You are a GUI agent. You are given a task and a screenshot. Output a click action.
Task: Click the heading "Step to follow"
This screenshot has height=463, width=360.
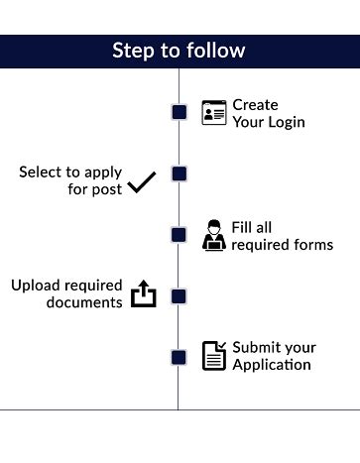pos(179,51)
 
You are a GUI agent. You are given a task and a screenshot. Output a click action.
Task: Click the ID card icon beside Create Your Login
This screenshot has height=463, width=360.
pos(213,112)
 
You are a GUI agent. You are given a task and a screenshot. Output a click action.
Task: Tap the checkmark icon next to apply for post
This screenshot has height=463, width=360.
pos(142,182)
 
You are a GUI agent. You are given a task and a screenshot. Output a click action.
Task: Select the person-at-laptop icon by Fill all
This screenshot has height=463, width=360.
pos(213,235)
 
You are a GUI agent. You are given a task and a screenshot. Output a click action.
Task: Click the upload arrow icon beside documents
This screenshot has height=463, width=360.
pos(144,294)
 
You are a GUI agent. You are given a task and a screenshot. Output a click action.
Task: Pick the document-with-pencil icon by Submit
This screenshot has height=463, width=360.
pos(213,355)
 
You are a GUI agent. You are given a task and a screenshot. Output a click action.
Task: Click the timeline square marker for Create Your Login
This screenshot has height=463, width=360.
pos(180,112)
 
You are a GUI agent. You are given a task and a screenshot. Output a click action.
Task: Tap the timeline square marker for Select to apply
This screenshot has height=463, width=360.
pos(180,174)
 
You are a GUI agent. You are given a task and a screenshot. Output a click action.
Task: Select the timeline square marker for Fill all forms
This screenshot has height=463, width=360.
pos(180,235)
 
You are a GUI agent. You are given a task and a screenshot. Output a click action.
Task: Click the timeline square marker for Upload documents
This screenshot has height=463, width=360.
pos(180,295)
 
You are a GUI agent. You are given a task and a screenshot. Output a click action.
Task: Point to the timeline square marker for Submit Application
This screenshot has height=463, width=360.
pos(180,357)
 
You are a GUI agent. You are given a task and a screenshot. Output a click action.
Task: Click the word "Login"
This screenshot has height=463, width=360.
pos(285,123)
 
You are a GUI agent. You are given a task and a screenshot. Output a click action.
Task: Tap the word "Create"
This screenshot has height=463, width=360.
pos(255,105)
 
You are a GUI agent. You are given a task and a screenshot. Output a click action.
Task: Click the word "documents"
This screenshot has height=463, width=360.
pos(83,302)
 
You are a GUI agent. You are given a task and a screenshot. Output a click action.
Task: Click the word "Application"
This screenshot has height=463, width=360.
pos(272,365)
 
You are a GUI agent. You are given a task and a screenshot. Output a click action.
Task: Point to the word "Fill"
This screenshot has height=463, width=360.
pos(244,227)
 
